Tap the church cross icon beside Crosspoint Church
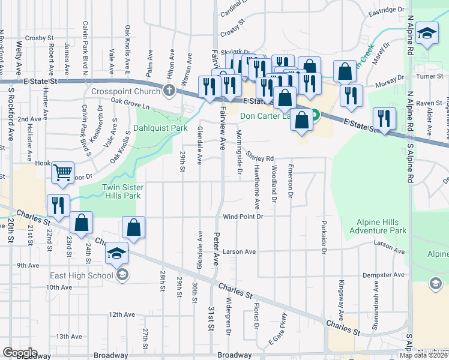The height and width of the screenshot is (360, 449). [169, 91]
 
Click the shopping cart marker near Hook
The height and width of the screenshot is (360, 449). [62, 173]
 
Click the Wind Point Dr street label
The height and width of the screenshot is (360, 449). [243, 217]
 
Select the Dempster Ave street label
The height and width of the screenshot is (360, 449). [384, 275]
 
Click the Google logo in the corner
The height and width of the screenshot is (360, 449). [20, 352]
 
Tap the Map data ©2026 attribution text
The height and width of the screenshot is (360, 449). [424, 355]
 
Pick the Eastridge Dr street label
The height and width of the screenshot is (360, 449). [387, 10]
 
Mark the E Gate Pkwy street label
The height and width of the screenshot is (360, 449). [275, 337]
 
